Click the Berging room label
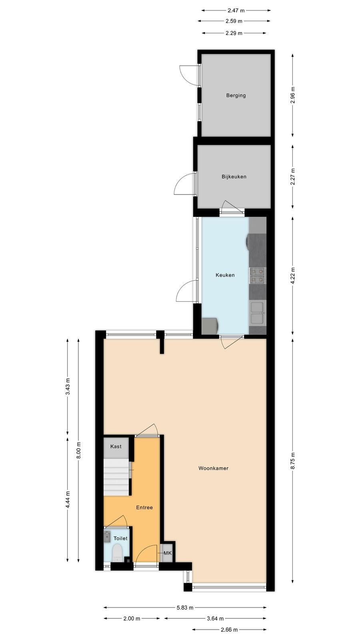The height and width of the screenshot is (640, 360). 236,96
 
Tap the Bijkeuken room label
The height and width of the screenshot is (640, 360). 234,176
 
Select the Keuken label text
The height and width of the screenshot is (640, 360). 225,275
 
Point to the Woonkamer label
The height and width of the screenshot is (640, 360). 214,468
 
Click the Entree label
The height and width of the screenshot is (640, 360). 144,508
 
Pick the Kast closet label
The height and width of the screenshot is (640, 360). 116,446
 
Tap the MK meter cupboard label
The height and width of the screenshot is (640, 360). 168,553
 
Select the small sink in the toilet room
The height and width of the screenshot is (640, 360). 107,536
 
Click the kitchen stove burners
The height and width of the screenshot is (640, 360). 258,276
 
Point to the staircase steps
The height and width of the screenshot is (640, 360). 117,477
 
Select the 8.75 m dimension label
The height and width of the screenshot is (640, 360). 293,460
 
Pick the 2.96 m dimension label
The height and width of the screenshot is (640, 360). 293,95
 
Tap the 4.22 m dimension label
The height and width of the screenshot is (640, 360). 293,276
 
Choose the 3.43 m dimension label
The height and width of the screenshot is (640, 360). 68,386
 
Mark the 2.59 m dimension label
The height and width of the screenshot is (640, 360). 234,21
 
